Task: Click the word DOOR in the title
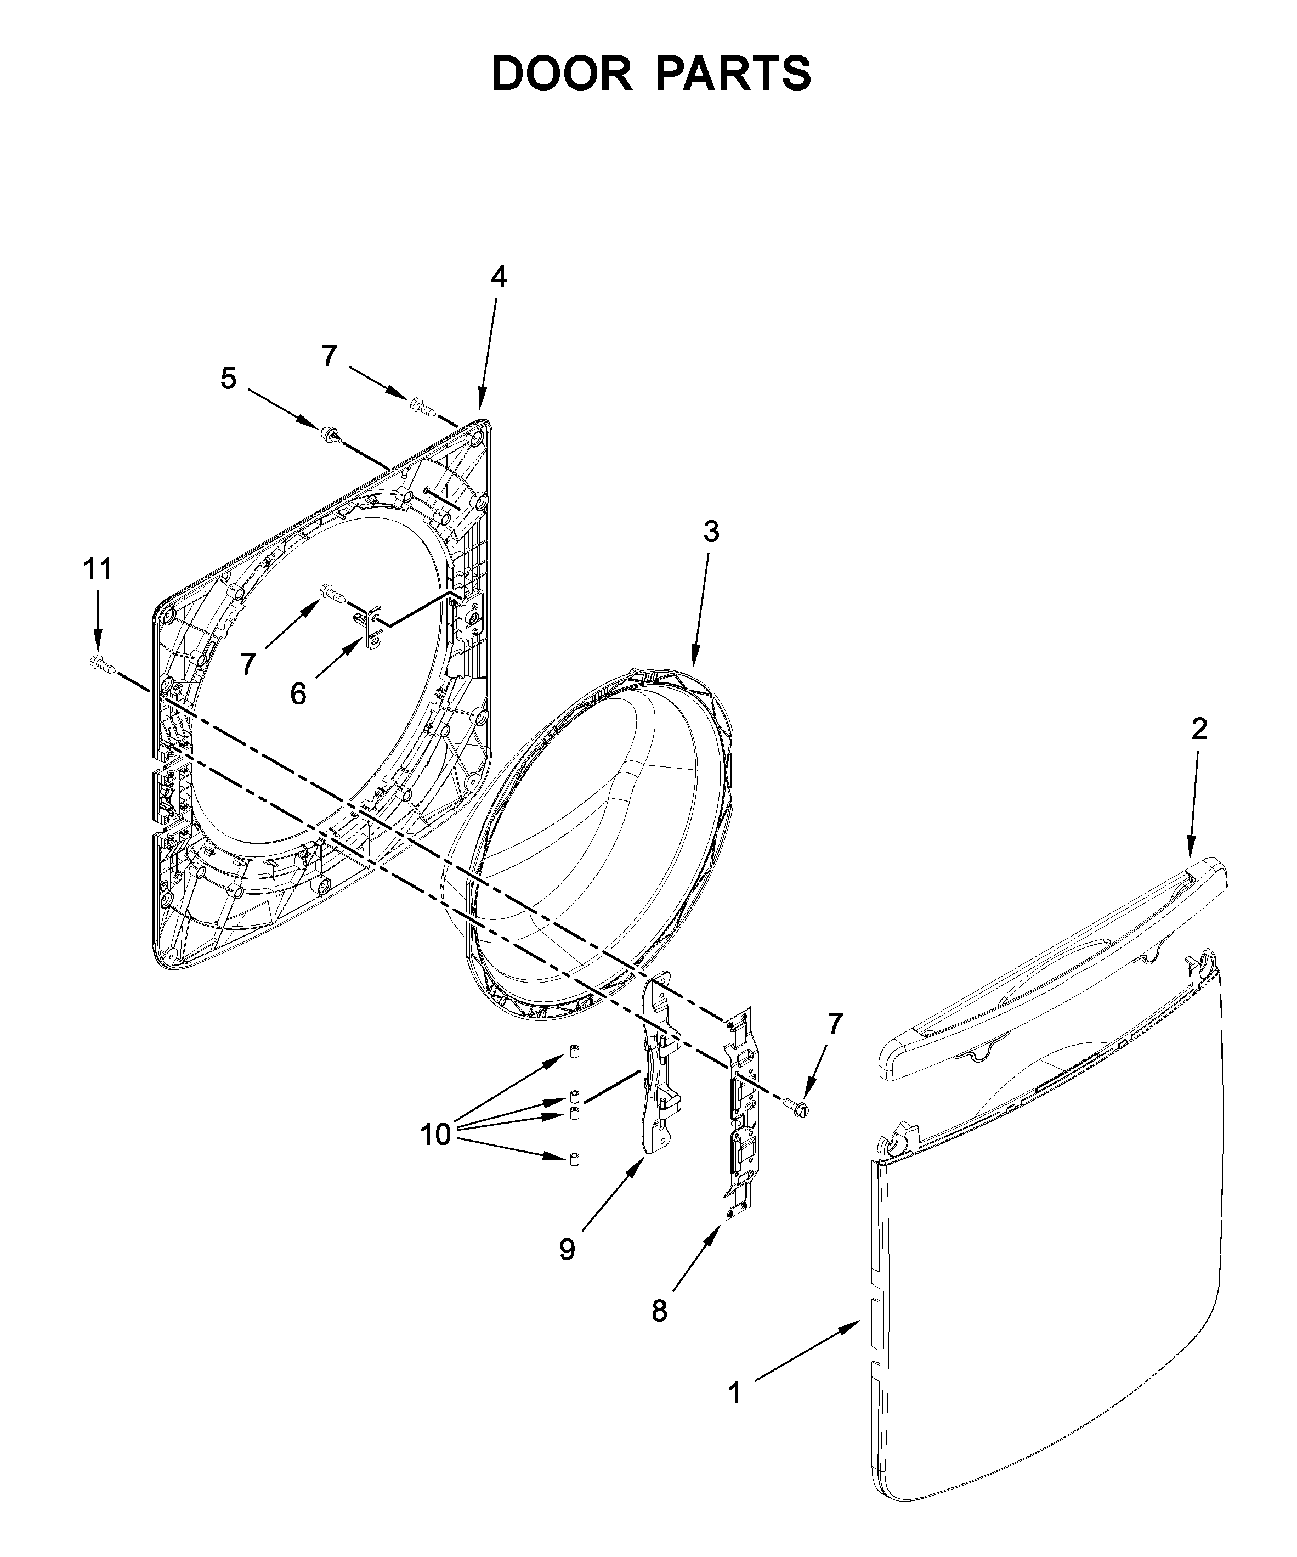tap(561, 74)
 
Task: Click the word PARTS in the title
tap(733, 74)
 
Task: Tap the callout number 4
tap(499, 277)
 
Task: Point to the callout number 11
tap(97, 569)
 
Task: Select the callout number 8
tap(659, 1311)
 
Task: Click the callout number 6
tap(298, 694)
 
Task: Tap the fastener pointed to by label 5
tap(331, 435)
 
